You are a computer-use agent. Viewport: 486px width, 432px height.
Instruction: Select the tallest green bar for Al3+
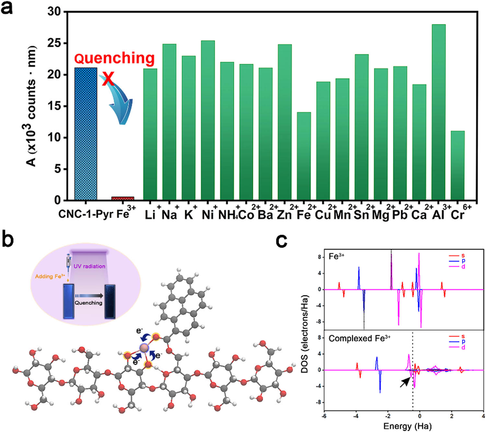tap(438, 112)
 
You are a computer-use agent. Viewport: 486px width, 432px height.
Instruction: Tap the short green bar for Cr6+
tap(457, 165)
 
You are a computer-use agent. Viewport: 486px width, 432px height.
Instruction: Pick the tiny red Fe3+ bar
tap(122, 198)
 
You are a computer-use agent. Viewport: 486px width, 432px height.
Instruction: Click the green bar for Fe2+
tap(304, 156)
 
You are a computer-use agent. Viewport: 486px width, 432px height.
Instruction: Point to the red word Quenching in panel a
tap(114, 58)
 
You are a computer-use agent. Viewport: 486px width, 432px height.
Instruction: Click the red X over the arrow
tap(108, 79)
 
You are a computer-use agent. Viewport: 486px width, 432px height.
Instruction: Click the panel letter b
tap(8, 239)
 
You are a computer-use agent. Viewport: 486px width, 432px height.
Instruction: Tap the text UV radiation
tap(89, 266)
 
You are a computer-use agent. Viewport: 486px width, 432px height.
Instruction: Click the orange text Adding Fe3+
tap(50, 276)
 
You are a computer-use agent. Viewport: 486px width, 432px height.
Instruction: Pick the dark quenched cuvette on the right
tap(110, 302)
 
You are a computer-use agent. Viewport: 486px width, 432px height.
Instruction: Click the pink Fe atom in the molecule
tap(144, 348)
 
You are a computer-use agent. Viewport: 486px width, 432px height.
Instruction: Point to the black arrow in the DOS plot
tap(405, 382)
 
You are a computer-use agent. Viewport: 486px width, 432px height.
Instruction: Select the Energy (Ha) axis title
tap(407, 426)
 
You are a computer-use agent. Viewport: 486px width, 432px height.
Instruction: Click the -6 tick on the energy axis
tap(324, 416)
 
